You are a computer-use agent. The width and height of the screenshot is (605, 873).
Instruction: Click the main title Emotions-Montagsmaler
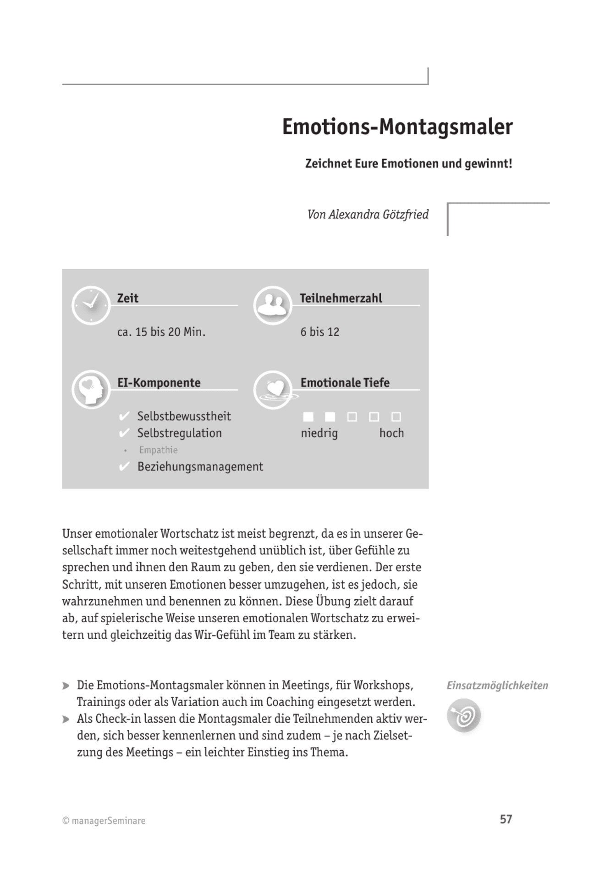397,127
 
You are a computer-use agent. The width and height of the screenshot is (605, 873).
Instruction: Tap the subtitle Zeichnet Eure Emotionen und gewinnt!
408,164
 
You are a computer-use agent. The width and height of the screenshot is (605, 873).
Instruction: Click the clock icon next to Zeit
91,305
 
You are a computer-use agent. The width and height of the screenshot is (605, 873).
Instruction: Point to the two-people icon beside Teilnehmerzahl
273,305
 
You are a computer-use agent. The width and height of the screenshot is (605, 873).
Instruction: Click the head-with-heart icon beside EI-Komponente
91,390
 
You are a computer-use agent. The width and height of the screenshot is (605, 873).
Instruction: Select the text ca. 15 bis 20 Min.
161,332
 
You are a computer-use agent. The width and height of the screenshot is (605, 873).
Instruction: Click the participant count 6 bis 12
320,332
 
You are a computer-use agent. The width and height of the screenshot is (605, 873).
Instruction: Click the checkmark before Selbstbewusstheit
124,416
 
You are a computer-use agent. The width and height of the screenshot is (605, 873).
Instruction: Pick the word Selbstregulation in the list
179,433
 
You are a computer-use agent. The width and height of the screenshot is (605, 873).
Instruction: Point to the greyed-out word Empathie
158,450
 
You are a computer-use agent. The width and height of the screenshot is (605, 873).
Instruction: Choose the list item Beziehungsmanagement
200,467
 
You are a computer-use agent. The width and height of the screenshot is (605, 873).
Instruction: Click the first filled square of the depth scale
308,417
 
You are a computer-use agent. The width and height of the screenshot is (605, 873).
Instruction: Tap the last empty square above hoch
396,417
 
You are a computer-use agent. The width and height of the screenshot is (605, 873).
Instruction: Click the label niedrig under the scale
319,433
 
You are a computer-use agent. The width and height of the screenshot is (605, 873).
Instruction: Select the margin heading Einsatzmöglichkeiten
497,686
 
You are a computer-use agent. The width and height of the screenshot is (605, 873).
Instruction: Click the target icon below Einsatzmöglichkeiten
464,715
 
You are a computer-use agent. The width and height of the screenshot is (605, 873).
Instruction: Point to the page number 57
506,819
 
